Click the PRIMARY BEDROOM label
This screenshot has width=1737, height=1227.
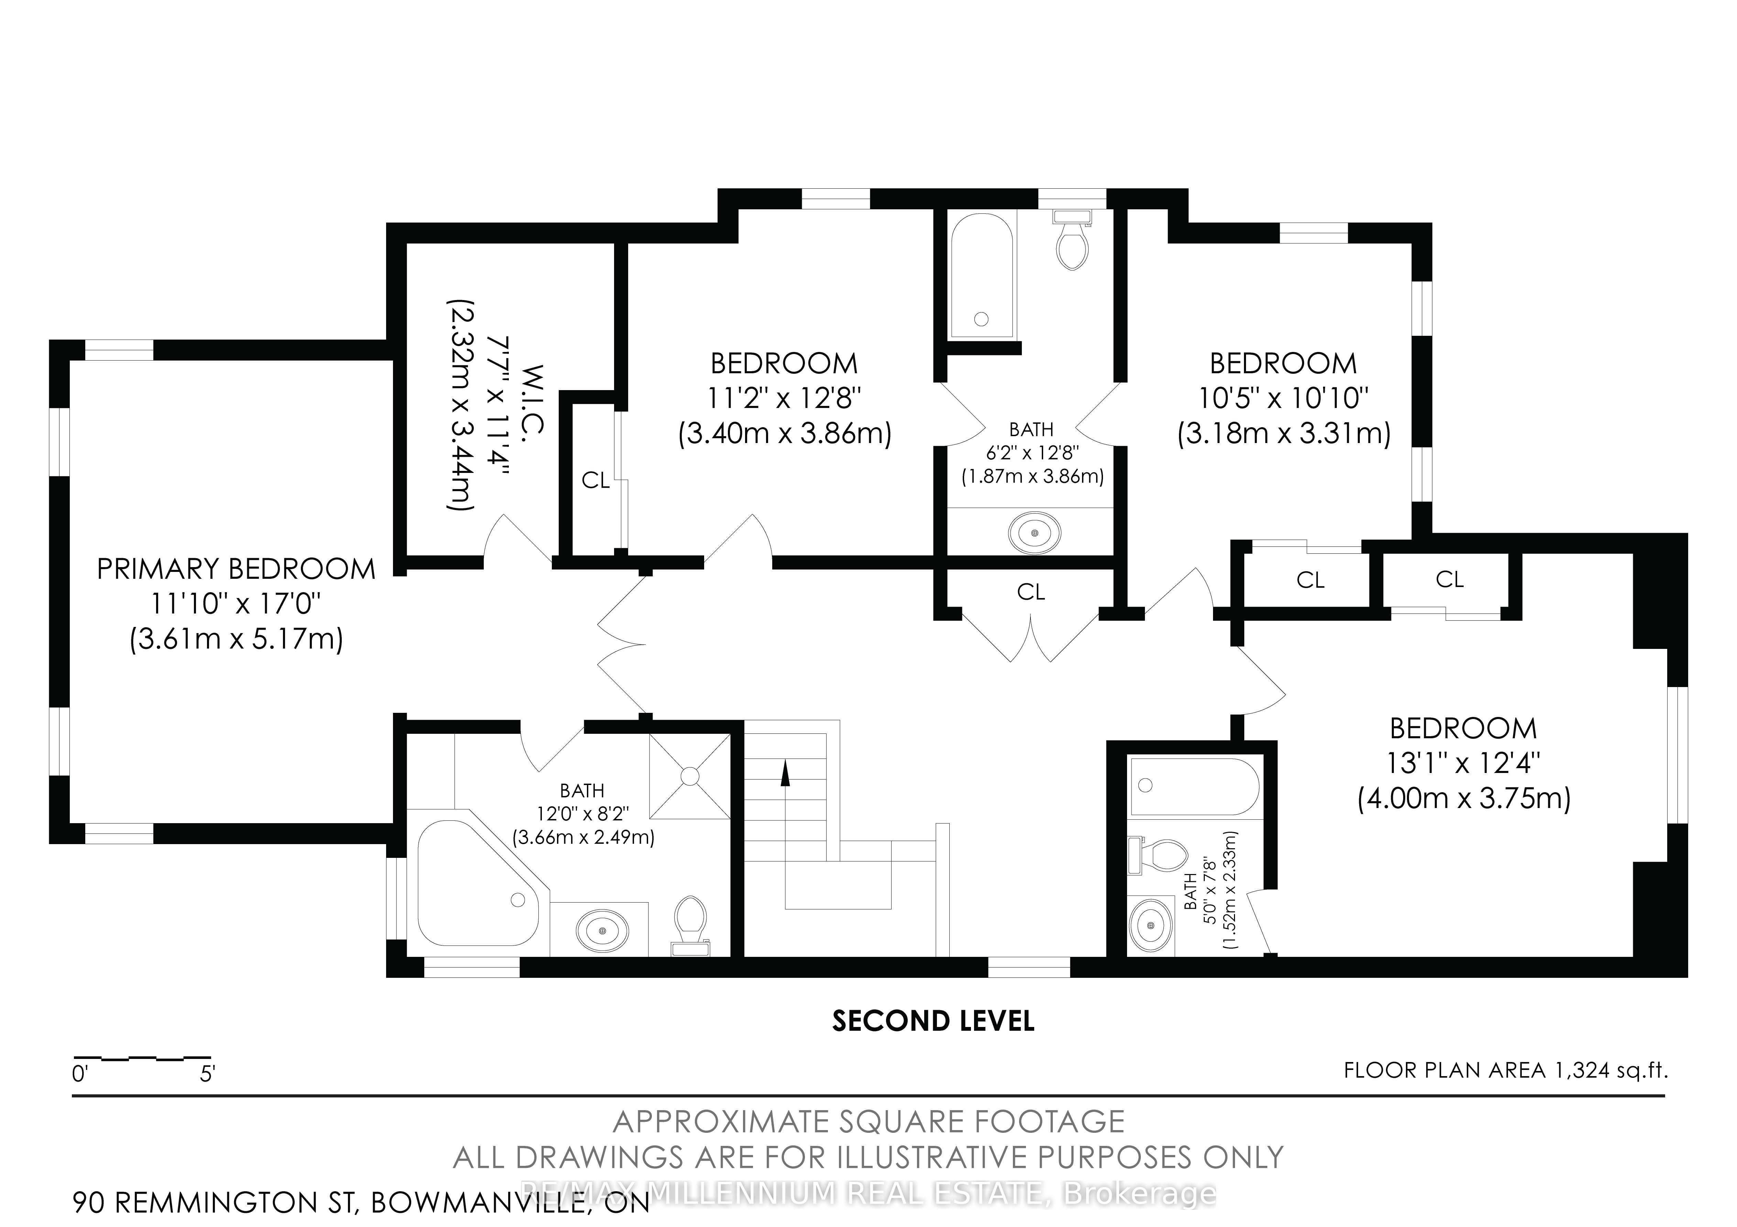pyautogui.click(x=236, y=569)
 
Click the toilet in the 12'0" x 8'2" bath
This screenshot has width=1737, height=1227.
pyautogui.click(x=689, y=925)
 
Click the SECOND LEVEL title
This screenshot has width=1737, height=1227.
pyautogui.click(x=933, y=1021)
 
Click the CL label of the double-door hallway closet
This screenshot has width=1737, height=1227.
pyautogui.click(x=1031, y=592)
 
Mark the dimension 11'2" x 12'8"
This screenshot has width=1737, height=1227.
pyautogui.click(x=785, y=398)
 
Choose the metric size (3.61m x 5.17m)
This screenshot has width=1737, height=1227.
pyautogui.click(x=236, y=639)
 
